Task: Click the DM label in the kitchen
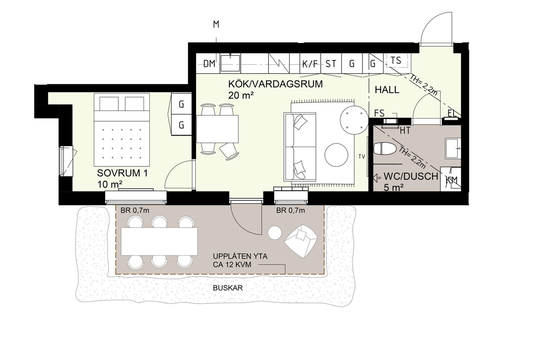(209, 64)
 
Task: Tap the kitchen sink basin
(230, 63)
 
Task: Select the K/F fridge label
(310, 64)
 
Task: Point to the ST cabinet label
(331, 64)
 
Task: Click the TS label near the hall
(396, 60)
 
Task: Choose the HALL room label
(387, 90)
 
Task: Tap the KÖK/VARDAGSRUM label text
(275, 84)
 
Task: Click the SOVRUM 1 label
(122, 173)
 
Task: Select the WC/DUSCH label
(411, 176)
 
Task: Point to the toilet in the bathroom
(385, 148)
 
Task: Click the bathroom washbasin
(453, 148)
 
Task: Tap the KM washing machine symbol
(451, 179)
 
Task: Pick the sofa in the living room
(300, 147)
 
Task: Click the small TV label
(362, 156)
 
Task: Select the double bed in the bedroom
(122, 130)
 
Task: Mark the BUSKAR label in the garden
(228, 288)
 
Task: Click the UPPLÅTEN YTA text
(240, 256)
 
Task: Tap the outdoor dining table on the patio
(159, 241)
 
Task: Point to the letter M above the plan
(216, 25)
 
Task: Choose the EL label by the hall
(452, 113)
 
